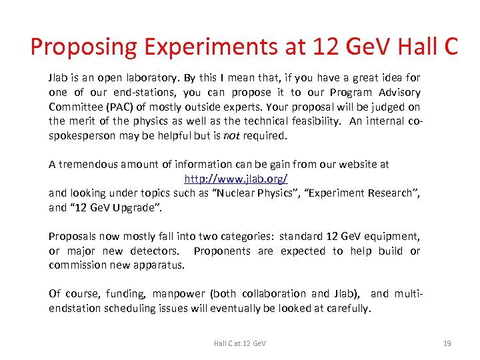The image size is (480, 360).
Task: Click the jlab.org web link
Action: (x=235, y=179)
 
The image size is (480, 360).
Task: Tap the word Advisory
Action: (x=398, y=93)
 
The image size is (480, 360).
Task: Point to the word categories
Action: (x=241, y=236)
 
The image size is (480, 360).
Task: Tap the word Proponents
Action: (x=221, y=251)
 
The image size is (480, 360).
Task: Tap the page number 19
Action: (x=447, y=343)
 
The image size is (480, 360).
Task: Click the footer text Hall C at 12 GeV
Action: (x=239, y=343)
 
